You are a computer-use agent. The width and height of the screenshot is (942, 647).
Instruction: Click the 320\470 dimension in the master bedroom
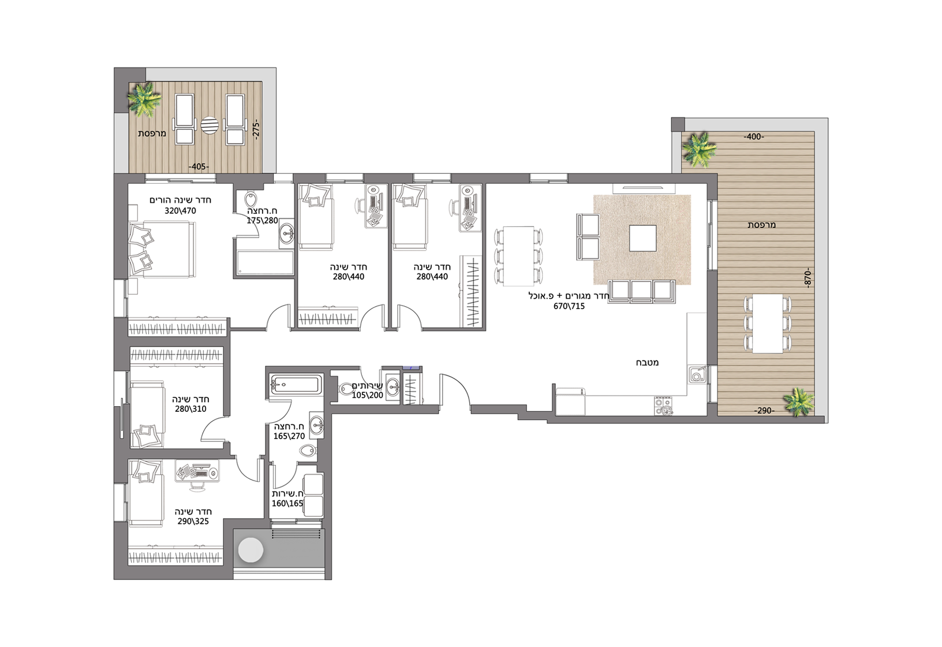180,211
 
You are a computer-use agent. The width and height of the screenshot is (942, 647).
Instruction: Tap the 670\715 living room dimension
569,306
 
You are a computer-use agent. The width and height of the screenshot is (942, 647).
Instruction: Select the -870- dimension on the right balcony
808,278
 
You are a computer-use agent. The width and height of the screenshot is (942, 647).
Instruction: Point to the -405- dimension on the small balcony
198,167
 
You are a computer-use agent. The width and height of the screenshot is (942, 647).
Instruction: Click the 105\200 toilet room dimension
367,395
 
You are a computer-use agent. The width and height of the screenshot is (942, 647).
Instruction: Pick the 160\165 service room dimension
287,503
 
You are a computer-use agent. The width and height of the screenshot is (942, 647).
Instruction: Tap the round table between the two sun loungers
210,125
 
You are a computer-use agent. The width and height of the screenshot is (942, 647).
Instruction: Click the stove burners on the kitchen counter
664,406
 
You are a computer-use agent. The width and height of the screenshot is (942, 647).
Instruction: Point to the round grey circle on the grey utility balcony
251,550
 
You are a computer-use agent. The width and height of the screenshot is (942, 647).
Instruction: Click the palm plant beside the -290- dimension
798,402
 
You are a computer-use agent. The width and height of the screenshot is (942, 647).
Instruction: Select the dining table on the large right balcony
768,323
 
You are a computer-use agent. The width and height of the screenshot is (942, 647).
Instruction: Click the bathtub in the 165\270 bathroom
295,385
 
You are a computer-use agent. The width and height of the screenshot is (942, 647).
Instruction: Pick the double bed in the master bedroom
162,250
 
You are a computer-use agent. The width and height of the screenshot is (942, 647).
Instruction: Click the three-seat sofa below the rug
642,291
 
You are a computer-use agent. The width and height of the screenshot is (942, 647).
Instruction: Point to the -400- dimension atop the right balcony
754,137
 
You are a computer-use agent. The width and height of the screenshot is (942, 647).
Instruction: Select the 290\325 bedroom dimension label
193,521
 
